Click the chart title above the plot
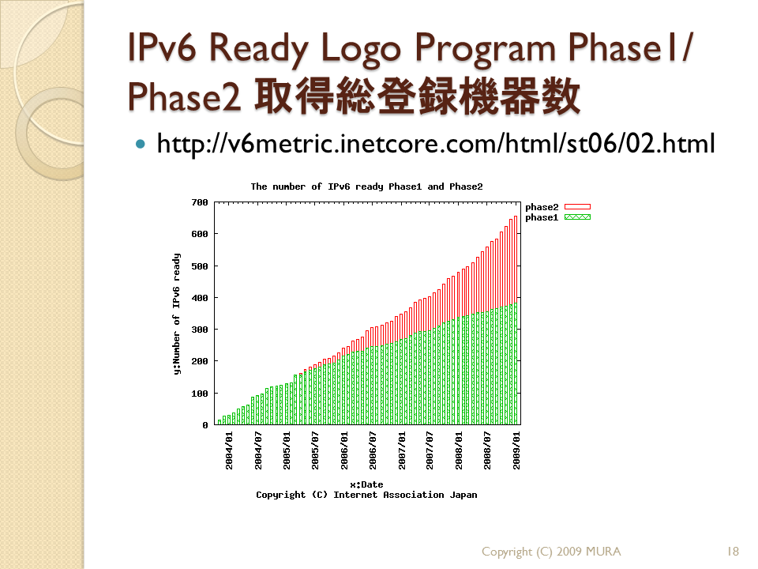tap(366, 187)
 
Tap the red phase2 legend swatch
tap(577, 207)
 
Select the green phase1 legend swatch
tap(577, 217)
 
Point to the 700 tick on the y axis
tap(200, 202)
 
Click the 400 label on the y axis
tap(200, 298)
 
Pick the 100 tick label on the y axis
tap(200, 394)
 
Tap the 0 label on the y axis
tap(205, 425)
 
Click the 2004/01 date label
tap(229, 450)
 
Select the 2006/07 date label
tap(373, 450)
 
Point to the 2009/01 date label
tap(516, 450)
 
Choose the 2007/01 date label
tap(402, 450)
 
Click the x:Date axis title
tap(366, 484)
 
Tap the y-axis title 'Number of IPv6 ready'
tap(176, 314)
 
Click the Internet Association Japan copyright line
tap(366, 495)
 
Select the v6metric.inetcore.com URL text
tap(436, 144)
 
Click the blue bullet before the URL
tap(141, 144)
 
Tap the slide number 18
tap(733, 552)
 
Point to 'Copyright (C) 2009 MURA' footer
tap(551, 552)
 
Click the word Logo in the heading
tap(361, 48)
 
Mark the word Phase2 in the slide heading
tap(184, 96)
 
